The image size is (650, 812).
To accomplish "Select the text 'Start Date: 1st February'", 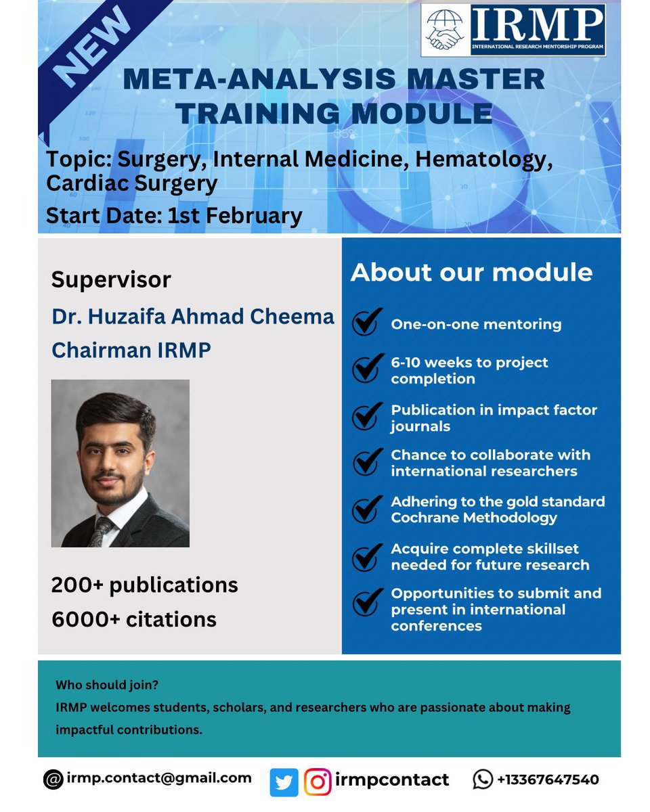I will pos(173,215).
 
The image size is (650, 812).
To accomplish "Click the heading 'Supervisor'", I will pos(111,279).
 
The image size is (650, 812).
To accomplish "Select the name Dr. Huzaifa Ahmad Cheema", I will pos(193,317).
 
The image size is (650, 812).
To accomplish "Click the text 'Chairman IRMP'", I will pos(131,350).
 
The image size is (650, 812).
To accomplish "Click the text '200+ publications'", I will pos(144,585).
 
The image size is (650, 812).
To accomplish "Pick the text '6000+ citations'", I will pos(133,618).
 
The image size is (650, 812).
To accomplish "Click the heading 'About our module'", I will pos(471,272).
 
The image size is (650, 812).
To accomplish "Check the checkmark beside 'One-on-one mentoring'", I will pos(366,324).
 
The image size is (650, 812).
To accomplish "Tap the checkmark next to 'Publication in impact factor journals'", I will pos(366,418).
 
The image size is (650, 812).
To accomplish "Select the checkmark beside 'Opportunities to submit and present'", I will pos(366,602).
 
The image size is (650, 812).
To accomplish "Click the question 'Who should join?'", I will pos(107,685).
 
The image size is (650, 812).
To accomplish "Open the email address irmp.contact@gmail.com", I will pos(158,778).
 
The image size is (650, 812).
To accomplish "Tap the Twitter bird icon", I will pos(284,782).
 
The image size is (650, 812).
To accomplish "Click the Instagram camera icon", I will pos(317,782).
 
